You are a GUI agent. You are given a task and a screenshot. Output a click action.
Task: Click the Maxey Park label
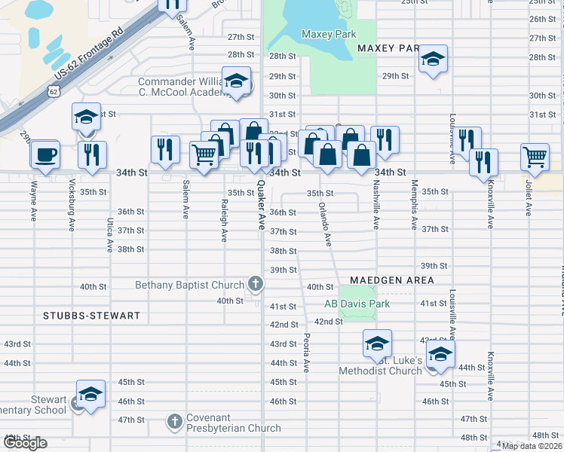pos(328,34)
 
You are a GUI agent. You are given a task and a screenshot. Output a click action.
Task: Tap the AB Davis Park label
pos(357,304)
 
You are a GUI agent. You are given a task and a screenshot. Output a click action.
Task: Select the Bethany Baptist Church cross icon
pos(256,284)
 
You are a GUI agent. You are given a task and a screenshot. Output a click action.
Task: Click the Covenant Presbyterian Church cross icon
pos(175,420)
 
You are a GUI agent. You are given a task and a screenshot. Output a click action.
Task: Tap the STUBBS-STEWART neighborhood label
pos(92,316)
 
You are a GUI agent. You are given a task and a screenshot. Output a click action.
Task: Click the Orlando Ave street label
pos(325,224)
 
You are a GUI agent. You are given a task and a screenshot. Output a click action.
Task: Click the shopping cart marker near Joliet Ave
pos(535,157)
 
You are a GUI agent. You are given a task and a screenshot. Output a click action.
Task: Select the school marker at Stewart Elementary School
pos(90,394)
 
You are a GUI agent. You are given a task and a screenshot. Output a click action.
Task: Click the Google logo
pos(25,443)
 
